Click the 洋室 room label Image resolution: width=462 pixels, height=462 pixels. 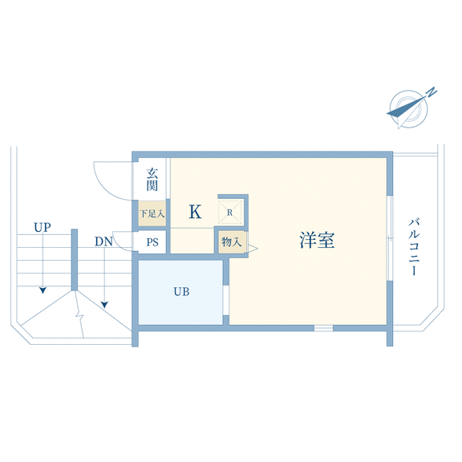pyautogui.click(x=317, y=240)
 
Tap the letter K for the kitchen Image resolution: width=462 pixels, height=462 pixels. pyautogui.click(x=195, y=212)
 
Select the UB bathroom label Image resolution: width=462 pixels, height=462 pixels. pyautogui.click(x=181, y=292)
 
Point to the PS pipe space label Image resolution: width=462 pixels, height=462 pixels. pyautogui.click(x=152, y=242)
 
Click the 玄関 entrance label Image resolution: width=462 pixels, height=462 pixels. pyautogui.click(x=152, y=180)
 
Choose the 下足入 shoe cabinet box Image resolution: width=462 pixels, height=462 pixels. pyautogui.click(x=152, y=213)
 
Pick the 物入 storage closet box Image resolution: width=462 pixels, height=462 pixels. pyautogui.click(x=232, y=242)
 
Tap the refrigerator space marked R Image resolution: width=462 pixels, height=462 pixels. pyautogui.click(x=230, y=212)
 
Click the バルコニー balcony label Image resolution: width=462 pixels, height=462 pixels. pyautogui.click(x=414, y=247)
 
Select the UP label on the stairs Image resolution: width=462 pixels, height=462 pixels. pyautogui.click(x=43, y=228)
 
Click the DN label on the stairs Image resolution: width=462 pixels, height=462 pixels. pyautogui.click(x=103, y=242)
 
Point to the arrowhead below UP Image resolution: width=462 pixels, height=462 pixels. pyautogui.click(x=43, y=290)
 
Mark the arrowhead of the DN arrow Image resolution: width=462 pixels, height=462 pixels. pyautogui.click(x=104, y=305)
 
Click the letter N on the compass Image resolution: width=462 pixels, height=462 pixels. pyautogui.click(x=432, y=92)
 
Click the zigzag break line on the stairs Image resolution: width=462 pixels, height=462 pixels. pyautogui.click(x=79, y=314)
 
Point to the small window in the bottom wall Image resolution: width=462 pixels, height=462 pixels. pyautogui.click(x=323, y=328)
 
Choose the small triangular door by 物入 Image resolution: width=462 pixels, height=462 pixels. pyautogui.click(x=253, y=249)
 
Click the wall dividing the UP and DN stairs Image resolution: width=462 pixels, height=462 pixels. pyautogui.click(x=75, y=260)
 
